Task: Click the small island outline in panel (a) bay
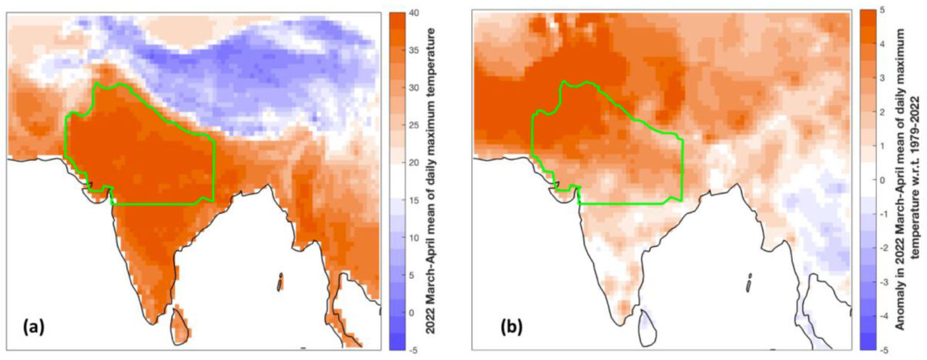(x=280, y=282)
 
